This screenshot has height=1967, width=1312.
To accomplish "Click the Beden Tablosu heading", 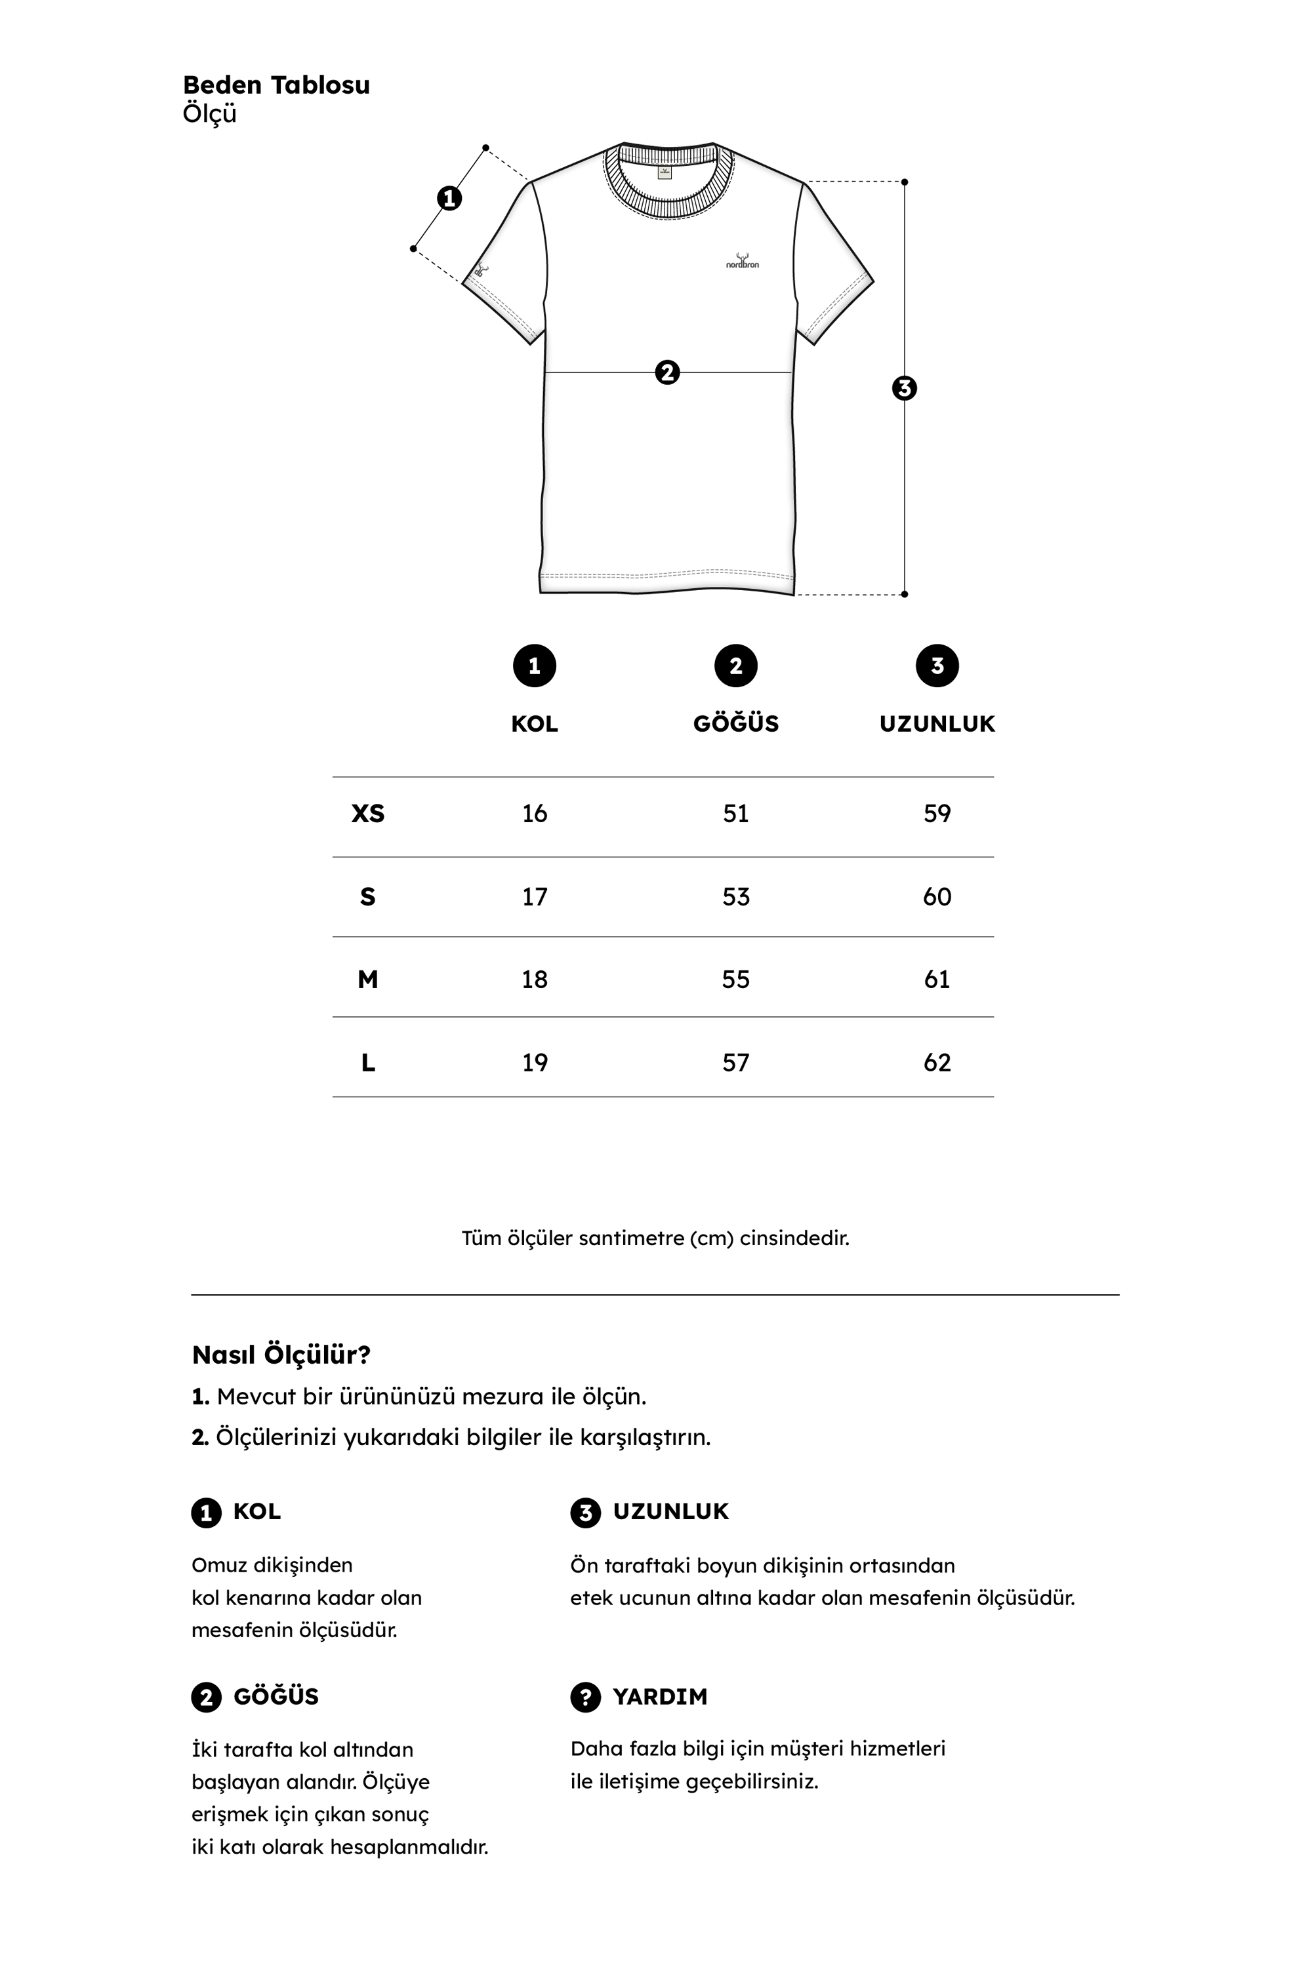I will coord(276,85).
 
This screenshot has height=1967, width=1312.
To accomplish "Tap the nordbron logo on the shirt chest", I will coord(742,262).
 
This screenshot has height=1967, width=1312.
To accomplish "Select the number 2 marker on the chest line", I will coord(667,372).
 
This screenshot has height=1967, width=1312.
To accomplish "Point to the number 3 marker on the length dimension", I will coord(905,388).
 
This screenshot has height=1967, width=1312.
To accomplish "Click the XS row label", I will coord(367,814).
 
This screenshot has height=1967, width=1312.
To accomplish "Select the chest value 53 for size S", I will coord(735,896).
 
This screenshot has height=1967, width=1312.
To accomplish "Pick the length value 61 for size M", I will coord(937,980).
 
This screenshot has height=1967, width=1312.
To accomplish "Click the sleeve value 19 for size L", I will coord(535,1063).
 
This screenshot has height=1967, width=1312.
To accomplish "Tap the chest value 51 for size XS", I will coord(735,814).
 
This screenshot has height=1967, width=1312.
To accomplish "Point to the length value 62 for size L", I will coord(937,1063).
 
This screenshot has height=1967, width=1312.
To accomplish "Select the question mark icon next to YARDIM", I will coord(585,1697).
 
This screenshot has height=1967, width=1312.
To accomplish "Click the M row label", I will coord(367,980).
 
